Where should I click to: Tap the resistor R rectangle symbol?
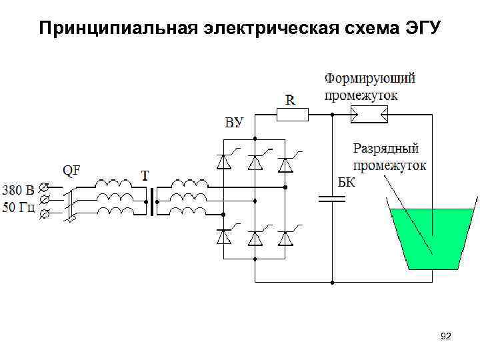point(292,115)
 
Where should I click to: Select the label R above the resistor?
point(291,100)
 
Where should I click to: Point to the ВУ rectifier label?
point(234,123)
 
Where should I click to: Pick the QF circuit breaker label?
point(71,170)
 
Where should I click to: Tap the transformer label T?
point(145,175)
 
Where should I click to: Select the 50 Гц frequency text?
point(19,206)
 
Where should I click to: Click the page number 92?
point(445,337)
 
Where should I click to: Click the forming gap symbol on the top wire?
point(369,116)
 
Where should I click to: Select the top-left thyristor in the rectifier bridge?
point(224,162)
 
